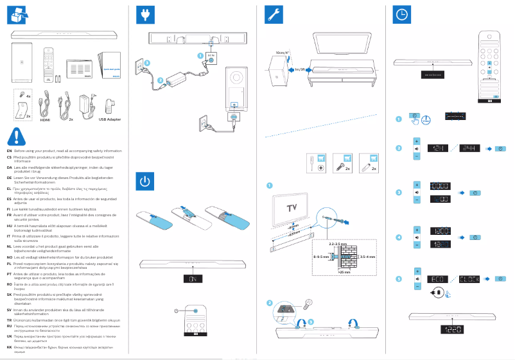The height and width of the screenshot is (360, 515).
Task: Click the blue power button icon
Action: point(146,182)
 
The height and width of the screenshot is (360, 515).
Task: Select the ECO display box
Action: point(439,279)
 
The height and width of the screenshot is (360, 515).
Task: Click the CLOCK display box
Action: point(473,279)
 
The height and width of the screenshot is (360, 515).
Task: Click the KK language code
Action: point(9,347)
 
